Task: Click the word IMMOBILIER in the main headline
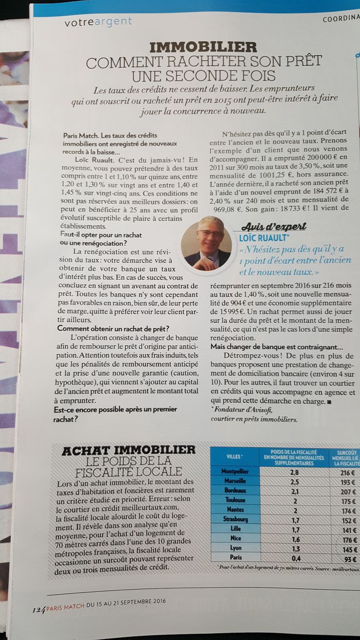tap(203, 48)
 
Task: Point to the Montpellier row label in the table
tap(235, 471)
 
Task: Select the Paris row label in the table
tap(236, 557)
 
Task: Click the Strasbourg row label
tap(235, 519)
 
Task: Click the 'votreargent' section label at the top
tap(98, 22)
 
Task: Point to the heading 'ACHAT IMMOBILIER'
tap(129, 450)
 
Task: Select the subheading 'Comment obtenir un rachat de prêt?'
tap(113, 329)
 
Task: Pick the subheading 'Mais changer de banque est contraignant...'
tap(277, 347)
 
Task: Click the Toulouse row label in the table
tap(235, 500)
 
